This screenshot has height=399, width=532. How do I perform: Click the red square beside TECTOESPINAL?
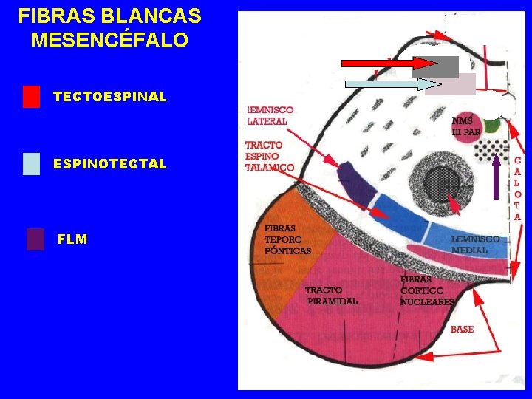click(31, 97)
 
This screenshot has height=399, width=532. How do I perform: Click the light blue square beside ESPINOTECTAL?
click(31, 163)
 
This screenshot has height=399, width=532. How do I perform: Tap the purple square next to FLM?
click(35, 239)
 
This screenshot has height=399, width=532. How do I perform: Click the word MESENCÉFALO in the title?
click(109, 40)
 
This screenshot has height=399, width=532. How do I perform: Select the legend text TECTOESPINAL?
click(110, 97)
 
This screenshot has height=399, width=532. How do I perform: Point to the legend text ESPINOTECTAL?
click(110, 164)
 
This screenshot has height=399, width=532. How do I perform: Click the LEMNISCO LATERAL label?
click(270, 115)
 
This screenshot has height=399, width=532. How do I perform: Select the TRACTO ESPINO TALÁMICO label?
click(269, 156)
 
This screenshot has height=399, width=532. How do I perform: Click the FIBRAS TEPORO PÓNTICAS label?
click(287, 239)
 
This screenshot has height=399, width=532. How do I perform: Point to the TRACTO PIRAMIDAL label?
click(332, 296)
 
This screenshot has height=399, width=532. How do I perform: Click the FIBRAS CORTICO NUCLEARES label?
click(426, 290)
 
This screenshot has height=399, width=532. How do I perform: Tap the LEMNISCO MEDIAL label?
click(475, 245)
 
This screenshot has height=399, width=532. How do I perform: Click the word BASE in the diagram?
click(462, 329)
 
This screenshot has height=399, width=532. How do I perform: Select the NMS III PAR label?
click(466, 126)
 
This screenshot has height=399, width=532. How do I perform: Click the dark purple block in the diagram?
click(357, 182)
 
